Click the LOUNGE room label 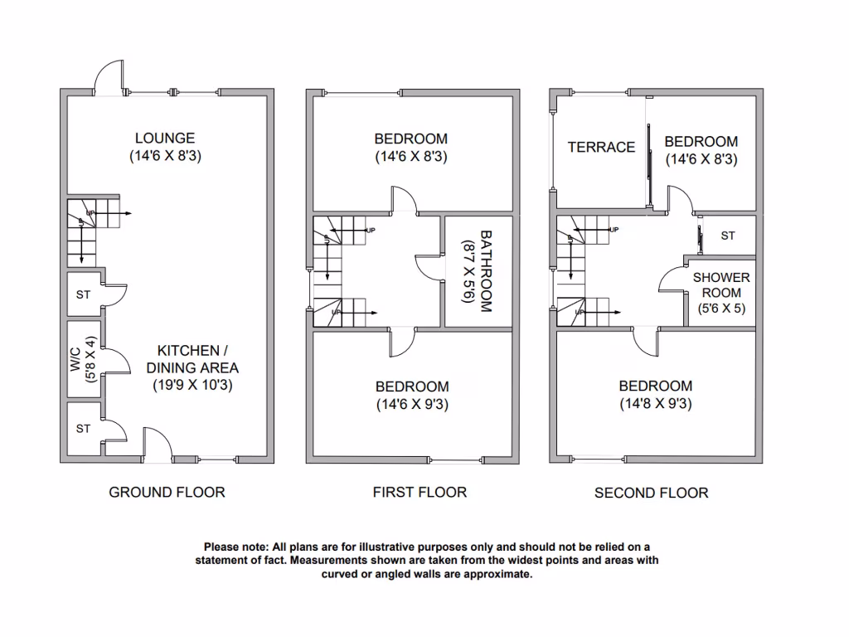166,139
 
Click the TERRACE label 601,147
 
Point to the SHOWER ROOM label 721,285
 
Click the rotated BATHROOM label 485,270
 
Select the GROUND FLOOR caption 167,493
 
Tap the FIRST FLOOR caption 420,493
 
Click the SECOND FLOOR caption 651,494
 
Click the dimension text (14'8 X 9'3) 655,404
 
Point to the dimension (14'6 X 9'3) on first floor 412,405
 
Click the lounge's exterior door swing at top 109,76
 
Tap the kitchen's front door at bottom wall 157,442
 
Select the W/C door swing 115,360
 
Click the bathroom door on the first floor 429,268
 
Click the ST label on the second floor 728,236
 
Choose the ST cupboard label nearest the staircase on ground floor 83,294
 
